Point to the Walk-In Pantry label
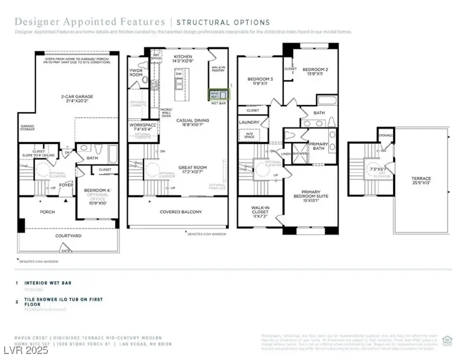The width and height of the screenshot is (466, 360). pos(218,70)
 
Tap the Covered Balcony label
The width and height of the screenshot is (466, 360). pos(181,212)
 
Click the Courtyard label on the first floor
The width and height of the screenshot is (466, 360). pos(68,236)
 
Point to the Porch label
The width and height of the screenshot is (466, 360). pos(48,212)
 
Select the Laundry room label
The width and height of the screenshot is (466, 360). pos(250,123)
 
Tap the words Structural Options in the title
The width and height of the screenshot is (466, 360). pos(223,22)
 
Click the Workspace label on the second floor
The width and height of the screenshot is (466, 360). pos(143,126)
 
